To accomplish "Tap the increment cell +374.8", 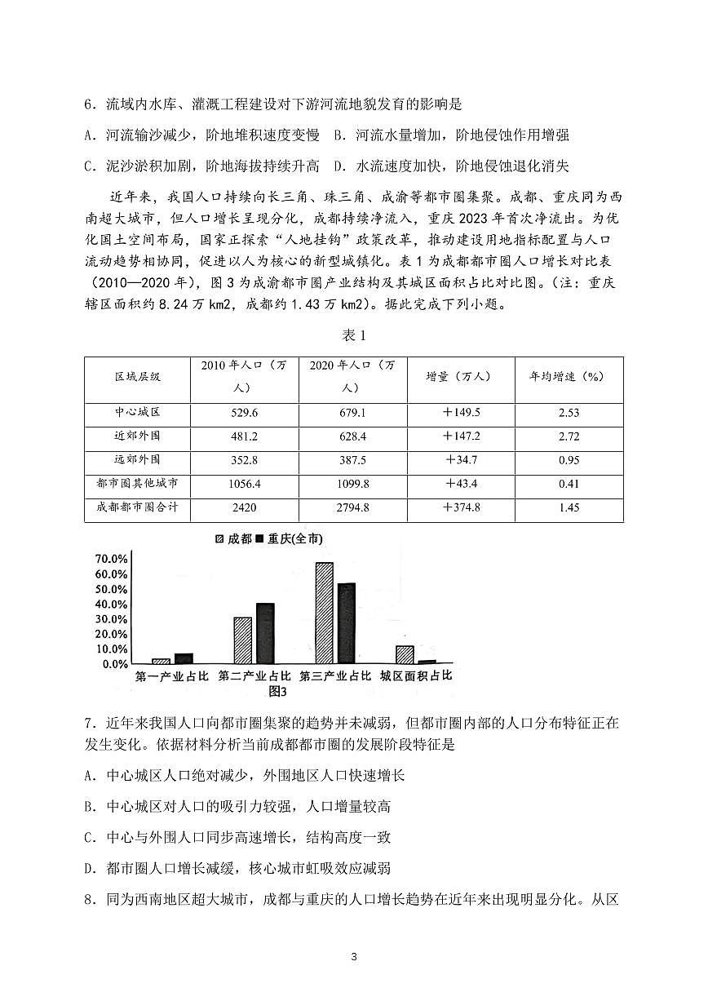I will (460, 507).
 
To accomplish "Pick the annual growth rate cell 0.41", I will (569, 484).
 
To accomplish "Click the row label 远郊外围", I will (137, 460).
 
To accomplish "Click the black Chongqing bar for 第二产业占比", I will (264, 633).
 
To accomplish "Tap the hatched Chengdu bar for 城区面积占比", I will (405, 654).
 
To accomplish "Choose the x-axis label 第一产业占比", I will (171, 676).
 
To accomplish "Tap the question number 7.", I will (88, 722).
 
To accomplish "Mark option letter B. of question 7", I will (91, 807).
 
